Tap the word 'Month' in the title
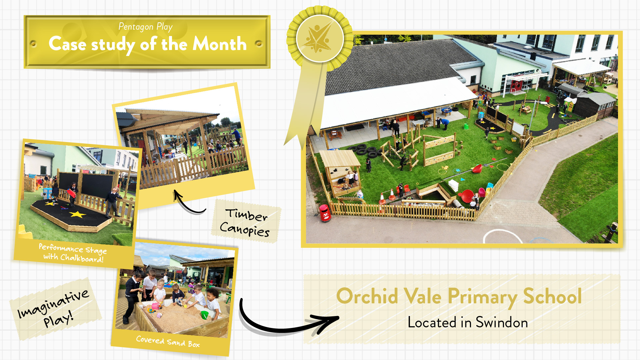coord(220,44)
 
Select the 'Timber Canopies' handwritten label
coord(246,222)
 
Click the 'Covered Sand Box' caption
coord(168,342)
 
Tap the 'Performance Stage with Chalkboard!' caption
coord(73,253)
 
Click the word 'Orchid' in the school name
coord(367,296)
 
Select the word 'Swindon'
coord(501,322)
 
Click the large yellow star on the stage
coord(77,214)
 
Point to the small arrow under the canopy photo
coord(189,203)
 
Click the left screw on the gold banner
coord(33,44)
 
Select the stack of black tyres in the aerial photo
coord(365,150)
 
